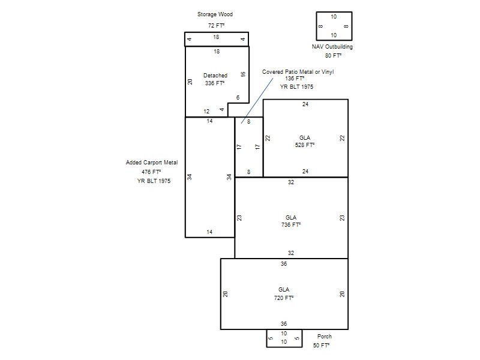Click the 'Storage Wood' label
(x=215, y=14)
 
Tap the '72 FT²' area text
(x=216, y=25)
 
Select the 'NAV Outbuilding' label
(x=332, y=47)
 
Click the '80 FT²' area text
(x=333, y=56)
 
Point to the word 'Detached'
(x=215, y=76)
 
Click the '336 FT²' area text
(x=215, y=83)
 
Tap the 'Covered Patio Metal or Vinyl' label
(x=298, y=72)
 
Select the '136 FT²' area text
(x=295, y=79)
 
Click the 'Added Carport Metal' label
(x=152, y=163)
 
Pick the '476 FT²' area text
(x=151, y=172)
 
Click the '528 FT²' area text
(x=305, y=145)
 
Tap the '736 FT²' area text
(x=291, y=224)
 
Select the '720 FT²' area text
(x=284, y=298)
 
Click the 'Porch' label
(x=325, y=337)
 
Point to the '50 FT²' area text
(x=321, y=346)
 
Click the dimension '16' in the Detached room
(x=243, y=74)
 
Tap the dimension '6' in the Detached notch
(x=238, y=98)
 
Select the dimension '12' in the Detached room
(x=206, y=112)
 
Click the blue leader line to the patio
(x=257, y=101)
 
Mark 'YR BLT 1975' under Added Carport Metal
(x=154, y=181)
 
